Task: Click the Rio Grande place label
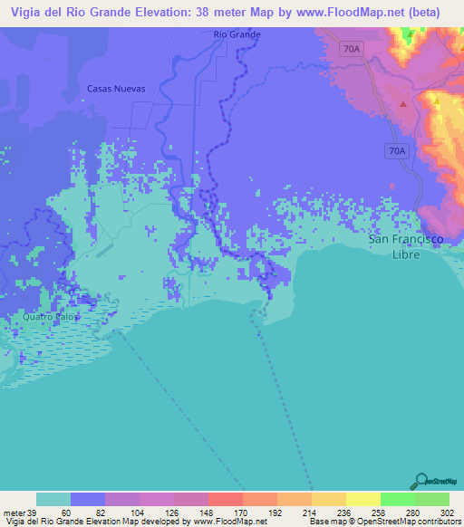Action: [x=237, y=34]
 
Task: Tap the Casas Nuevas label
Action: [x=116, y=89]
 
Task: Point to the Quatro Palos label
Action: [x=51, y=318]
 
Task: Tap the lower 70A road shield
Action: [x=395, y=151]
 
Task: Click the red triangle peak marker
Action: [x=402, y=102]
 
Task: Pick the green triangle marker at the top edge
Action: [x=409, y=34]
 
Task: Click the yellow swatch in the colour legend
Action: [x=362, y=499]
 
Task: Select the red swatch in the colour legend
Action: [x=225, y=499]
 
